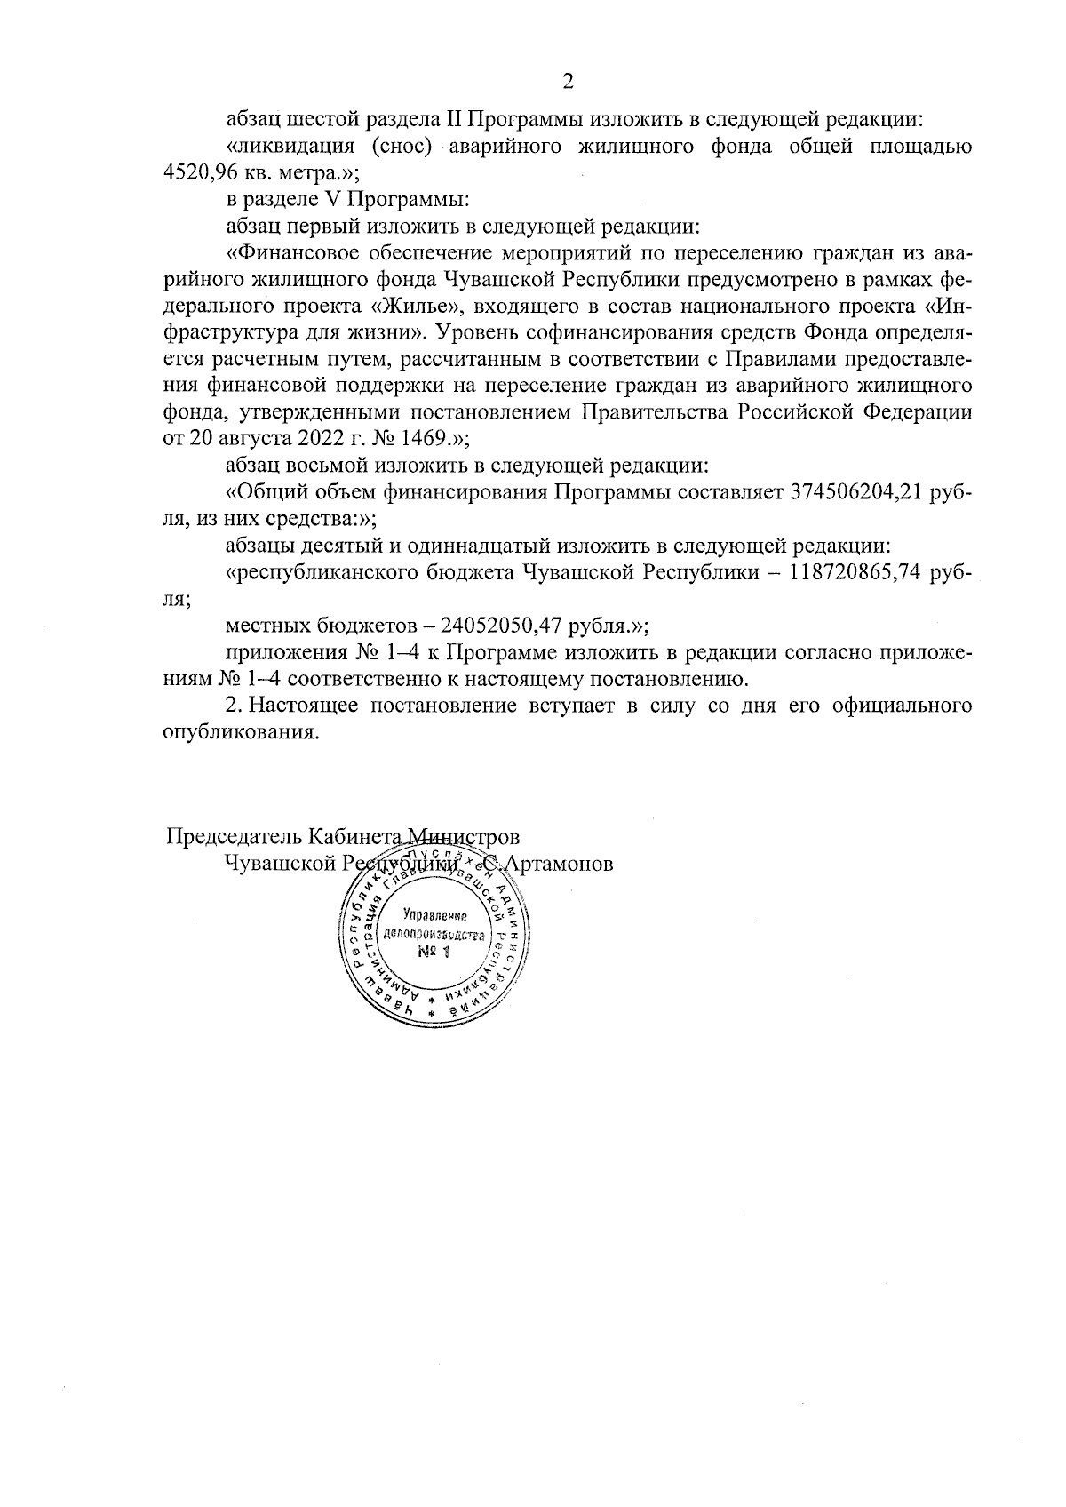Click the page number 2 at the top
point(568,82)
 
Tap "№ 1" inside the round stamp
point(434,953)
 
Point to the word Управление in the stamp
point(434,914)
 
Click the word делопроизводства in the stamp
point(434,935)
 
